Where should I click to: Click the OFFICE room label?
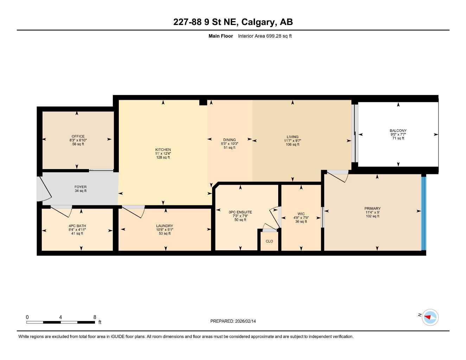(78, 136)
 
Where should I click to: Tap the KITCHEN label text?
(163, 150)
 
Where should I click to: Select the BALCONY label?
(398, 131)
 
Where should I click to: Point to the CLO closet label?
(269, 241)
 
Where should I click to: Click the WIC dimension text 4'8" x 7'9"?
(301, 218)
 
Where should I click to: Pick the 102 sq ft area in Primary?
(372, 216)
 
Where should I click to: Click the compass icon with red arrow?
(430, 317)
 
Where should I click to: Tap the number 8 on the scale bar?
(95, 317)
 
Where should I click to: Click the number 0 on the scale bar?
(27, 317)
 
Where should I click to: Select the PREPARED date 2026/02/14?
(245, 321)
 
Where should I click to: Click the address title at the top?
(233, 22)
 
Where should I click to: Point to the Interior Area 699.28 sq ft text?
(264, 36)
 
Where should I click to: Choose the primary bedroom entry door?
(337, 176)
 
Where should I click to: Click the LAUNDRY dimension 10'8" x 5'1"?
(165, 230)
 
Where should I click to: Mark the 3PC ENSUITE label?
(240, 212)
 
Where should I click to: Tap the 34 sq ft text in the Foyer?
(81, 191)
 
